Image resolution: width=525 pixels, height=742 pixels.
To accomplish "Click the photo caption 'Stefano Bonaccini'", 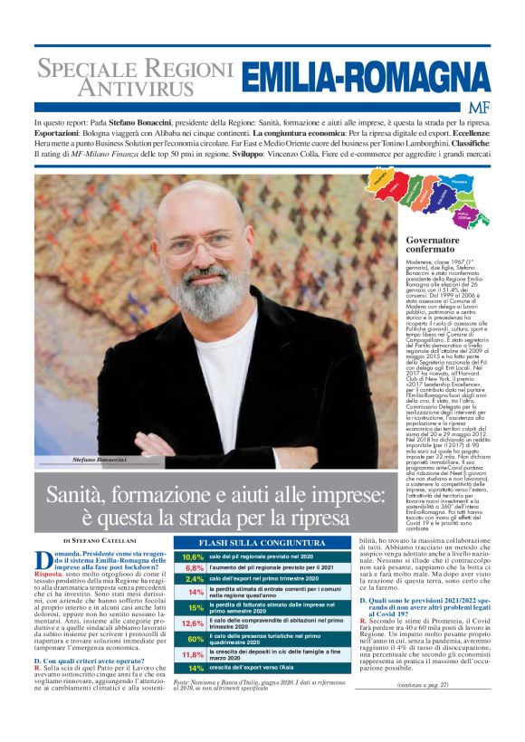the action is pos(99,461).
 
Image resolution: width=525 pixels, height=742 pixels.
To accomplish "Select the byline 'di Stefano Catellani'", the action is pos(99,540).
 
